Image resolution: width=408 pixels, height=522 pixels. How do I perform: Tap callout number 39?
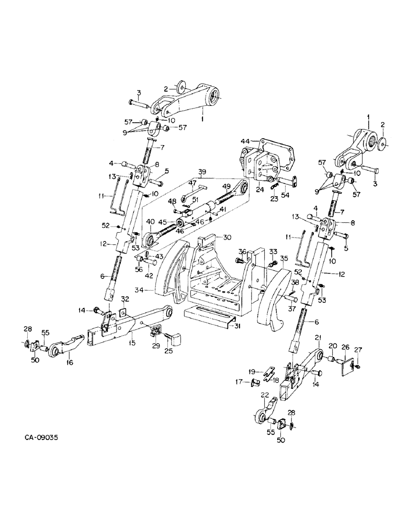pyautogui.click(x=203, y=173)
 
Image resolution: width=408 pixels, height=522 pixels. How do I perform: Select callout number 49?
pyautogui.click(x=226, y=186)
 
